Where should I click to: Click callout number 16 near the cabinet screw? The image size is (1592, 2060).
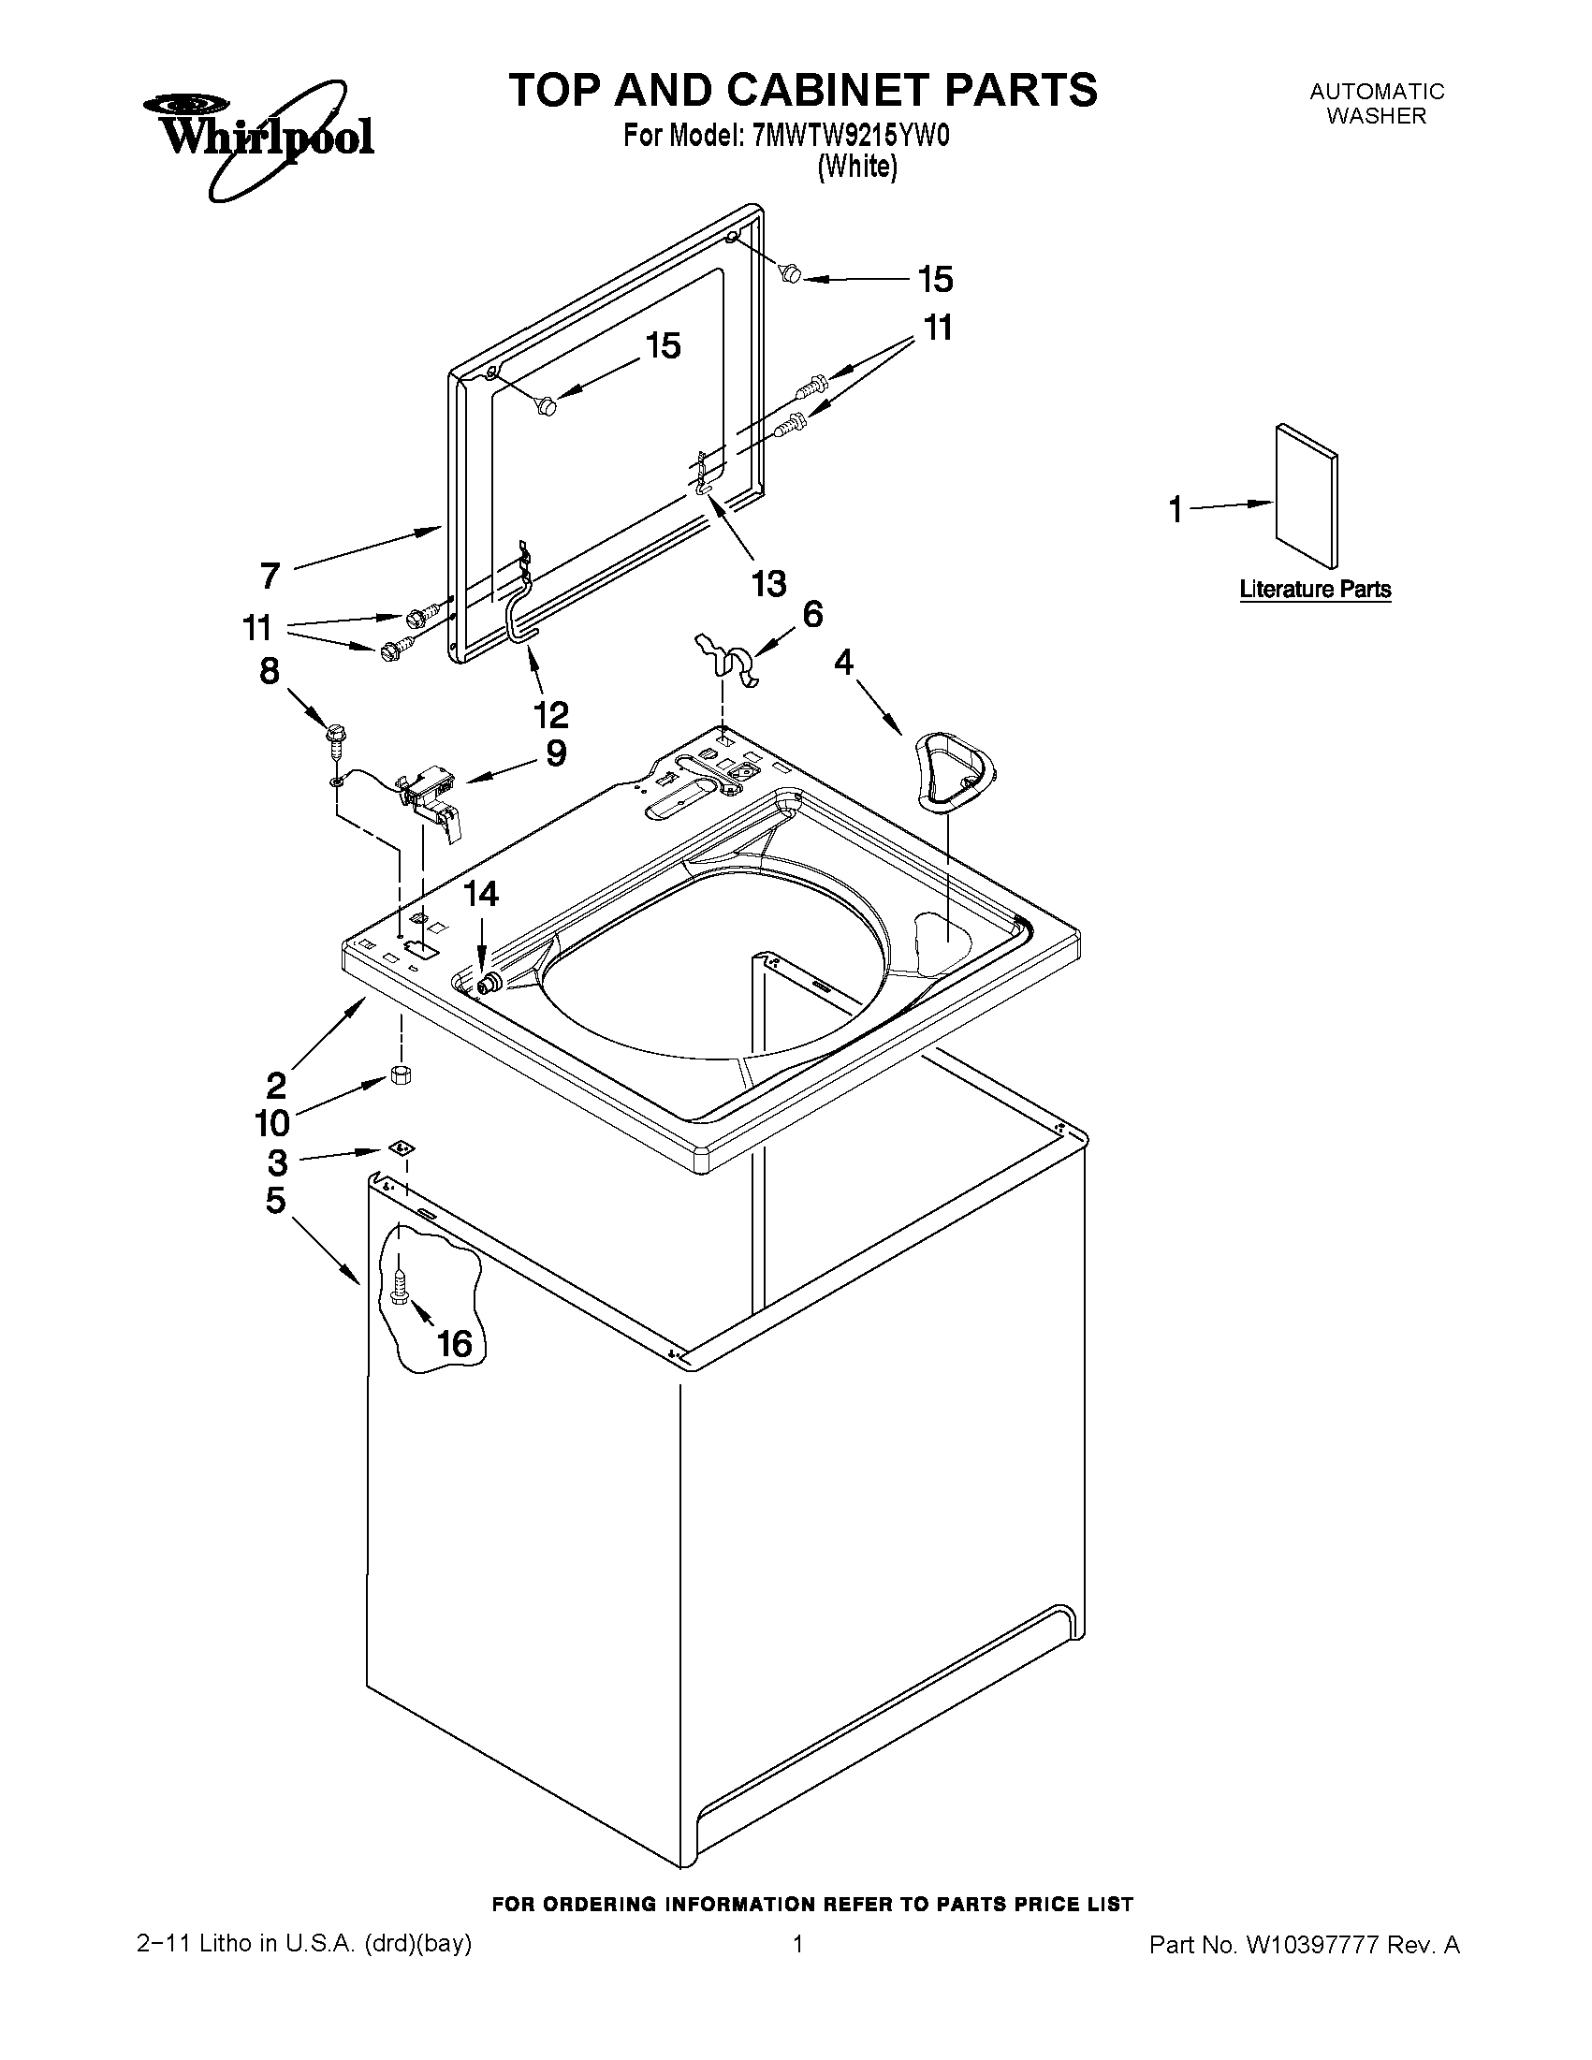click(x=455, y=1343)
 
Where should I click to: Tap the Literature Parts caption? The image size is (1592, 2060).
click(x=1315, y=590)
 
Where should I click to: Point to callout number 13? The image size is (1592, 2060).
click(x=768, y=584)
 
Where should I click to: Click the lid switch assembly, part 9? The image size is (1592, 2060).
click(x=432, y=793)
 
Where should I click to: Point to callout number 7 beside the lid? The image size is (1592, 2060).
click(x=270, y=575)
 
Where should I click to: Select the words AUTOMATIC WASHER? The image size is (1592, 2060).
click(x=1376, y=104)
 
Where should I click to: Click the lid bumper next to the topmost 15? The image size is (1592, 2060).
click(x=790, y=273)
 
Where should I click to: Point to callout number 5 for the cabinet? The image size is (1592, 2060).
click(x=274, y=1201)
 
